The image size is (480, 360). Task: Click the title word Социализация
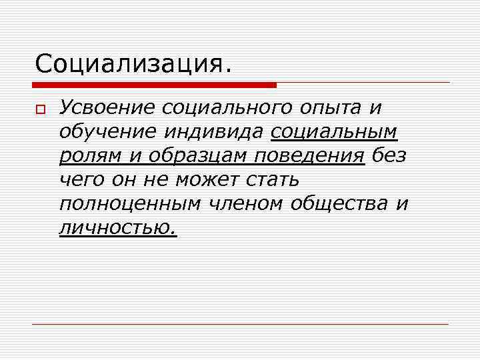134,65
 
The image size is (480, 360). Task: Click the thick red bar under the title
154,85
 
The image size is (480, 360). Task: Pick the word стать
273,180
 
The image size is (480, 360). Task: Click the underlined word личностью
117,229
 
